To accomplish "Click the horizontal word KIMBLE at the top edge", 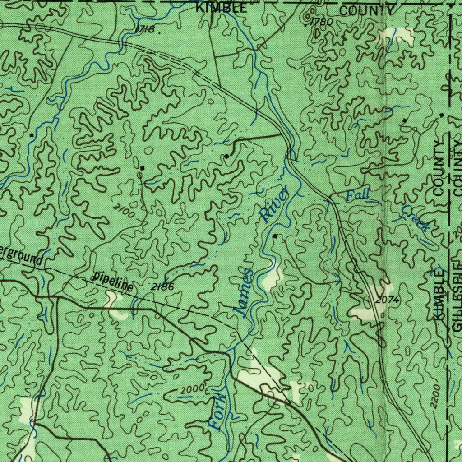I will [x=221, y=8].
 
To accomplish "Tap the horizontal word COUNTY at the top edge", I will [x=367, y=11].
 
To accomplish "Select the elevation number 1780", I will [x=322, y=21].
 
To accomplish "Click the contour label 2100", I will [x=125, y=211].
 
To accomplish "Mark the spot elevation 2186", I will [x=163, y=286].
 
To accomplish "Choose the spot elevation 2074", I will [x=387, y=300].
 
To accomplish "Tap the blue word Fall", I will [x=358, y=195].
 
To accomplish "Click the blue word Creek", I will [x=415, y=218].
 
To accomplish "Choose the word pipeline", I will [x=113, y=282].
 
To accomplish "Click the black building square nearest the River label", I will [x=275, y=236].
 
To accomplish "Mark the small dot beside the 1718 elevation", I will [x=159, y=32].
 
